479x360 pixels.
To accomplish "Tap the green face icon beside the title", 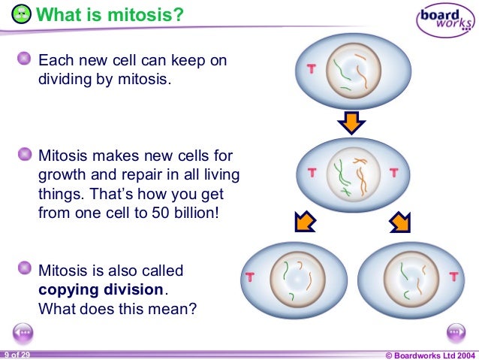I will pos(23,14).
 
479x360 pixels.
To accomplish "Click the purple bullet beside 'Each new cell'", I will pos(26,59).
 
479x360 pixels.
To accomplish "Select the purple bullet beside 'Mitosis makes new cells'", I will pos(26,156).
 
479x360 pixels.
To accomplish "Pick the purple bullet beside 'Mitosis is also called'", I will pos(26,268).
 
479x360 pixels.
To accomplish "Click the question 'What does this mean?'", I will pos(117,307).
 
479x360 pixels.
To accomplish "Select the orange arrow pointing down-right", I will pos(399,222).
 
